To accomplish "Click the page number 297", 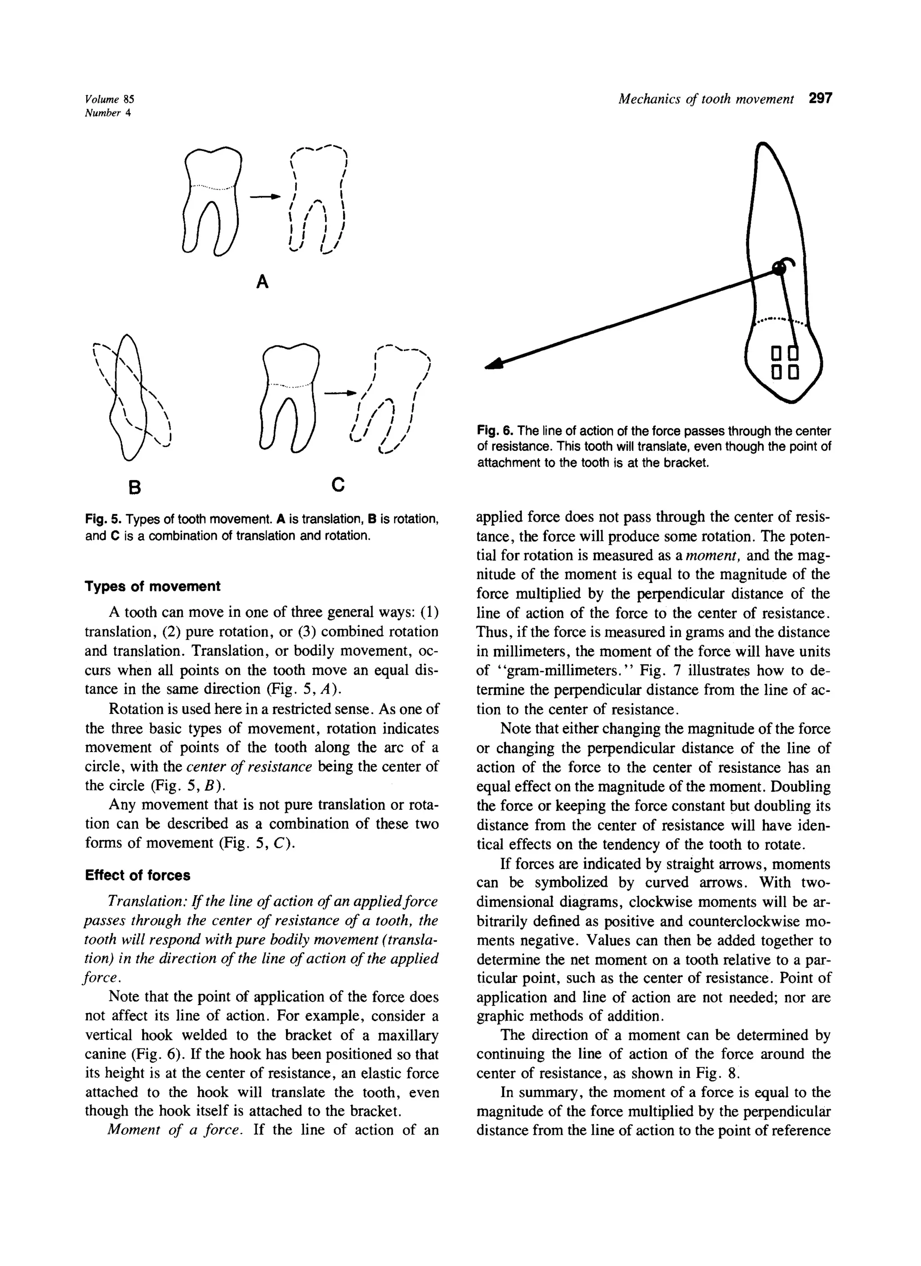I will (x=820, y=99).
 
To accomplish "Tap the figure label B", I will (x=134, y=488).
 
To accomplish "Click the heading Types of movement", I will (x=152, y=586).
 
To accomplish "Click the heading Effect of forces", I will (x=138, y=875).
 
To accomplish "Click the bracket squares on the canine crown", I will (x=785, y=362).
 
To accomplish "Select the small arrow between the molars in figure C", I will (x=341, y=393).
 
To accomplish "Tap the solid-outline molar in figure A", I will (x=212, y=201).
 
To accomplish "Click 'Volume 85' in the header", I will (x=109, y=100).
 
